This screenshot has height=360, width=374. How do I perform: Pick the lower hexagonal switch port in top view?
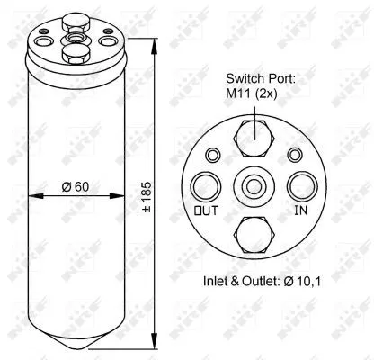(254, 232)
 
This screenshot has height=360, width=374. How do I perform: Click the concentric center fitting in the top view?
(254, 185)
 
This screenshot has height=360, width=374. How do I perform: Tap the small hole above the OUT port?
(212, 155)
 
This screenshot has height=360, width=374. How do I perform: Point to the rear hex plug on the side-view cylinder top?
(75, 20)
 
